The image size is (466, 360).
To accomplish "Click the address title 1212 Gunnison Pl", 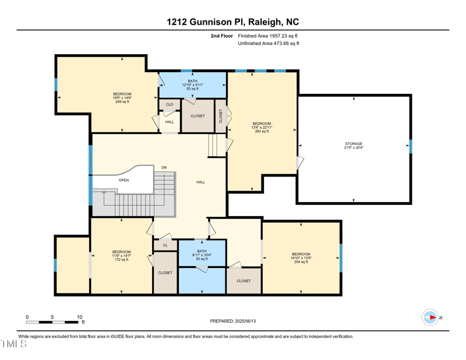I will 232,22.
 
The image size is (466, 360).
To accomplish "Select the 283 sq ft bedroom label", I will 262,127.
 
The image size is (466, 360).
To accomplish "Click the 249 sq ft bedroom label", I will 122,97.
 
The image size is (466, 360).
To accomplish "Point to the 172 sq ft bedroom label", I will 122,256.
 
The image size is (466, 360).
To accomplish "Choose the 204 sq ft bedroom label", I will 301,257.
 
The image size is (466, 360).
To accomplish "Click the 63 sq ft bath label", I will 192,84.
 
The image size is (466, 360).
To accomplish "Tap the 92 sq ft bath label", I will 202,255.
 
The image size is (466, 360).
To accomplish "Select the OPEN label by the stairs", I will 123,180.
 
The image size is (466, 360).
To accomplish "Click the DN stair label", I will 164,168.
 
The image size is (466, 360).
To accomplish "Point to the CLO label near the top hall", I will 170,105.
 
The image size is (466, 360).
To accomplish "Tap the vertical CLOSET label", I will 221,116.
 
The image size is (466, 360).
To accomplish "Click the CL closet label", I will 165,245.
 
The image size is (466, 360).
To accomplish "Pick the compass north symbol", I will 431,317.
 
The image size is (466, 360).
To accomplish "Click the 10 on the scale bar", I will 80,317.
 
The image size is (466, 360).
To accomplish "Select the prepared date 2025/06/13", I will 232,321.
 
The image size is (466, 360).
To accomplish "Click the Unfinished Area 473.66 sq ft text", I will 269,43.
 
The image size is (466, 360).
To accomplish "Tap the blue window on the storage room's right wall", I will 411,146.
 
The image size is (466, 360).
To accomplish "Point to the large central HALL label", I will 200,182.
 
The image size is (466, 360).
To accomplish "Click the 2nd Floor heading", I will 222,36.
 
